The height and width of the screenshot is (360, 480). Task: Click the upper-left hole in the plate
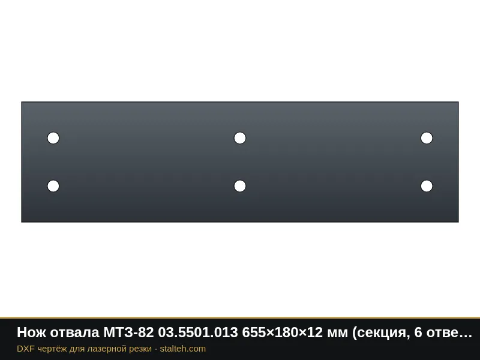(53, 138)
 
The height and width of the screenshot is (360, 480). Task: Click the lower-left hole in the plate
(53, 186)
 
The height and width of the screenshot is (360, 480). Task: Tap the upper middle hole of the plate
(240, 138)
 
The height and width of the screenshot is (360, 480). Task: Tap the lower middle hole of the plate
(240, 186)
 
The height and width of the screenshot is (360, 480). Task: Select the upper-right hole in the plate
(427, 138)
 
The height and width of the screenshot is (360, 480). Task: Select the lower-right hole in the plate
(427, 186)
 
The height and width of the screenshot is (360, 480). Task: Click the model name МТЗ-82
(128, 332)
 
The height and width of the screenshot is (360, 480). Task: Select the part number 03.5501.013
(198, 332)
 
